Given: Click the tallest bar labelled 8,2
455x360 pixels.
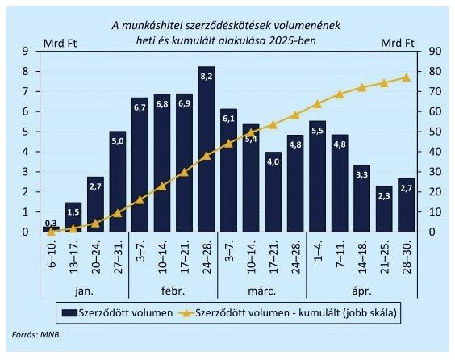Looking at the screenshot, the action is pos(207,149).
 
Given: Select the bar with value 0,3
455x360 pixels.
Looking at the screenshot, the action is pos(51,229).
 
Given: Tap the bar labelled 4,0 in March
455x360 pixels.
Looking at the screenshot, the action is pos(273,191).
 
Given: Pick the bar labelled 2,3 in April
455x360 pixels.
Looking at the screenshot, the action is pos(384,209).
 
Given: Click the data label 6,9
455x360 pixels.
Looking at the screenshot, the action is pos(184,103).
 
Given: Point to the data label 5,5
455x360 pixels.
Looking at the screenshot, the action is pos(318,131).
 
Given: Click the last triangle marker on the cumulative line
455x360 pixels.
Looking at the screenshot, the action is pos(407,77).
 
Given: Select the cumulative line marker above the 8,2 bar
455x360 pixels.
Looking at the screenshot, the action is pos(207,156).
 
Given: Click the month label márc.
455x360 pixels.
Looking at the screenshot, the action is pos(261,291).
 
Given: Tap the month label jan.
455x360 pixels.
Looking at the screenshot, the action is pos(84,291).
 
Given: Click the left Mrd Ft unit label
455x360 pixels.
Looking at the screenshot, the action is pos(60,44).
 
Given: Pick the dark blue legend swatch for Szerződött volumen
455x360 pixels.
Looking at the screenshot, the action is pos(69,313).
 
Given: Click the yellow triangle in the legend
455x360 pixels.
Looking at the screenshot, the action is pos(186,313).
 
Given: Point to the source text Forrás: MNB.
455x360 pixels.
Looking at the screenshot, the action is pos(36,334).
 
